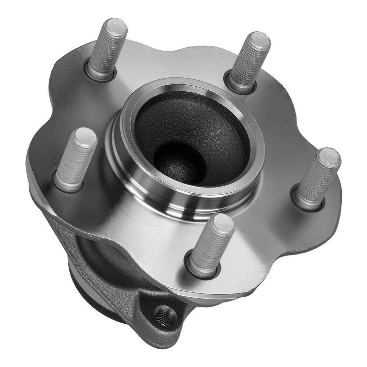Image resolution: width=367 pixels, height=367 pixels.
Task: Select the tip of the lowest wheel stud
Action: point(223,223)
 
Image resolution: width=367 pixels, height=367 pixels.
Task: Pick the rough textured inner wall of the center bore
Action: point(206,121)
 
